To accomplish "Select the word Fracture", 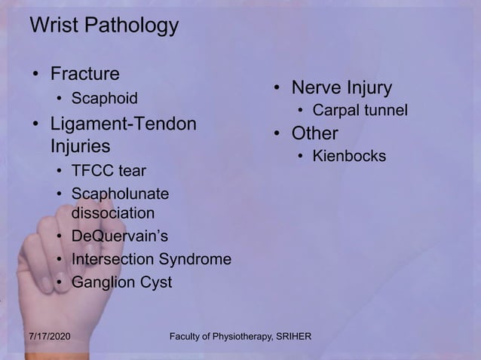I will [84, 74].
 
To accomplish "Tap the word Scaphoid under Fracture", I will [105, 98].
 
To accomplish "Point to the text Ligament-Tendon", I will [121, 123].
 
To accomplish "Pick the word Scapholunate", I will [120, 195].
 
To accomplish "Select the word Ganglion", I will [103, 283].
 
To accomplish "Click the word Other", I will [315, 134].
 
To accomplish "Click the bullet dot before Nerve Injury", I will [277, 90].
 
